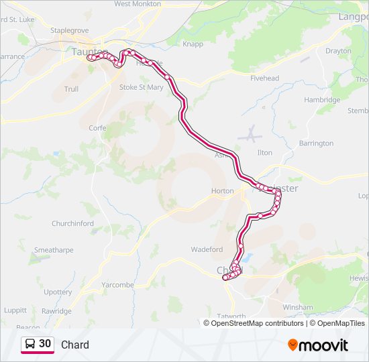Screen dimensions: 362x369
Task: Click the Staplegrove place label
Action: [x=70, y=31]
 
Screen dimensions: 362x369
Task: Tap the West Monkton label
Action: [x=137, y=4]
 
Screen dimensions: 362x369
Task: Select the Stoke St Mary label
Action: [x=141, y=87]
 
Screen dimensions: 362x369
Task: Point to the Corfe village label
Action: [x=97, y=127]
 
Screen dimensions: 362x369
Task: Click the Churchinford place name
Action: [x=77, y=224]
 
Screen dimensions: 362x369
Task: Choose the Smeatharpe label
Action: [x=54, y=250]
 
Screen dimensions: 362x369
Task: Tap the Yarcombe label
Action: [x=117, y=285]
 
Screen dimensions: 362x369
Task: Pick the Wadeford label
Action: [x=207, y=249]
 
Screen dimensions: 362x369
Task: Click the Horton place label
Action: [x=222, y=191]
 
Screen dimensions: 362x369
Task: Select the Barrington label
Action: [x=316, y=143]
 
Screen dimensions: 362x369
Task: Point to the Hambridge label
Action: [x=322, y=100]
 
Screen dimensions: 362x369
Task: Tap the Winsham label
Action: [x=298, y=308]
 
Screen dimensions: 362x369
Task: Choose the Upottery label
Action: [x=58, y=292]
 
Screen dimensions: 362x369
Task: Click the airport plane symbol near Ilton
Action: [x=250, y=134]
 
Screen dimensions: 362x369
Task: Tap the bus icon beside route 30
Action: [x=30, y=344]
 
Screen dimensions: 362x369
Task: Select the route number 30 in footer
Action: [x=45, y=344]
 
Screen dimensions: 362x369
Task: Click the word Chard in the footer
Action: [x=75, y=345]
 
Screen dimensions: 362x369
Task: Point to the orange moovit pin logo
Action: [x=293, y=345]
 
